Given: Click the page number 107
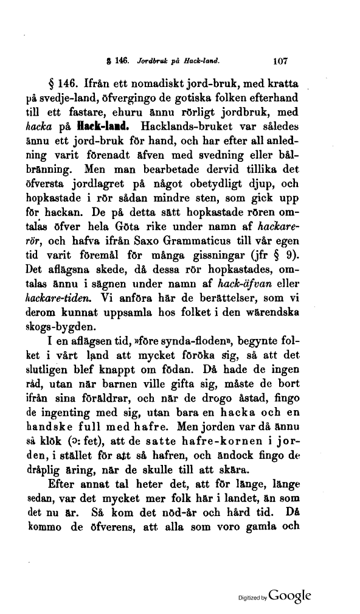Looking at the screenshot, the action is (279, 61).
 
